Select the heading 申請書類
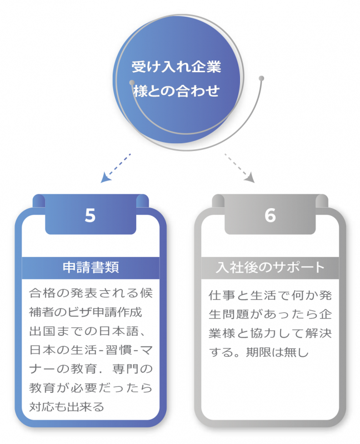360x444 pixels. click(91, 267)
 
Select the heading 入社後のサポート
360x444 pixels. click(270, 267)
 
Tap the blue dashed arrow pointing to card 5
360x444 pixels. click(116, 167)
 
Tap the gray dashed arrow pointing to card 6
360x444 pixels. click(239, 167)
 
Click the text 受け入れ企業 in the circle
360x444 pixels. click(176, 67)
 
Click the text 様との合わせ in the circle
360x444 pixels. click(176, 90)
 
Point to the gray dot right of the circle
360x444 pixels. click(261, 78)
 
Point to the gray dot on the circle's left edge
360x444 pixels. click(132, 83)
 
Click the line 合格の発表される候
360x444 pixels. click(90, 292)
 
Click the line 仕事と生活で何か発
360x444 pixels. click(271, 294)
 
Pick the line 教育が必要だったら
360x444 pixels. click(90, 387)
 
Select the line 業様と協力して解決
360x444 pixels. click(271, 332)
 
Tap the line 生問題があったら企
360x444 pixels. click(271, 313)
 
